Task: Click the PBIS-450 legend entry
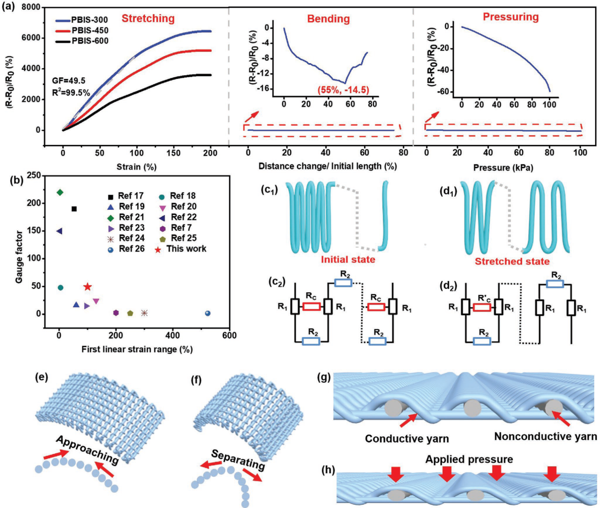click(x=82, y=30)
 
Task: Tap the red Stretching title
click(x=148, y=18)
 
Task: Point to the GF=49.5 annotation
click(x=69, y=81)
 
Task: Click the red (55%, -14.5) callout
click(x=343, y=90)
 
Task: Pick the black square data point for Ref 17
click(x=74, y=209)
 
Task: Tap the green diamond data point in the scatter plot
click(x=60, y=192)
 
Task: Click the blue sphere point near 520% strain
click(x=208, y=313)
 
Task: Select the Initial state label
click(x=348, y=260)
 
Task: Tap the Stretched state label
click(x=512, y=261)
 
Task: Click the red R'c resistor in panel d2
click(x=482, y=308)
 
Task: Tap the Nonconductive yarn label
click(x=545, y=436)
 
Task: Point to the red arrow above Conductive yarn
click(x=408, y=421)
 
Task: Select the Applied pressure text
click(x=469, y=459)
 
